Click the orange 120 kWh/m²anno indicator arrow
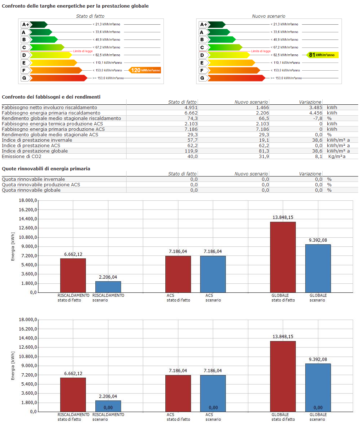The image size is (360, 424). coord(145,70)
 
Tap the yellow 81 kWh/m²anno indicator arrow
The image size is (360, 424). coord(322,55)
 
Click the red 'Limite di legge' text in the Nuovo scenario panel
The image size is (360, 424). coord(261,51)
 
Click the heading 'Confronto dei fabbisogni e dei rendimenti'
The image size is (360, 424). coord(51,97)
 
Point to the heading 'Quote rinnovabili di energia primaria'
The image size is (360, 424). coord(46,169)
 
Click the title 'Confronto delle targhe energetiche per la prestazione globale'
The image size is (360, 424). coord(75,6)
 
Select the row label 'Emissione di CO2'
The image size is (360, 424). coord(22,157)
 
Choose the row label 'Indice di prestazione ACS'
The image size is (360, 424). coord(31,146)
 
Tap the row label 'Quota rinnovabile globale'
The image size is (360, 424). coord(31,190)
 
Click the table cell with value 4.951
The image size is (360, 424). coord(190,108)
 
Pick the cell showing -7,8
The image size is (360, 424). coord(316,119)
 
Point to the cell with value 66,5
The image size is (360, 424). coord(263,119)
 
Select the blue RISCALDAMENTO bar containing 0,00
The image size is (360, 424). coord(108,406)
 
